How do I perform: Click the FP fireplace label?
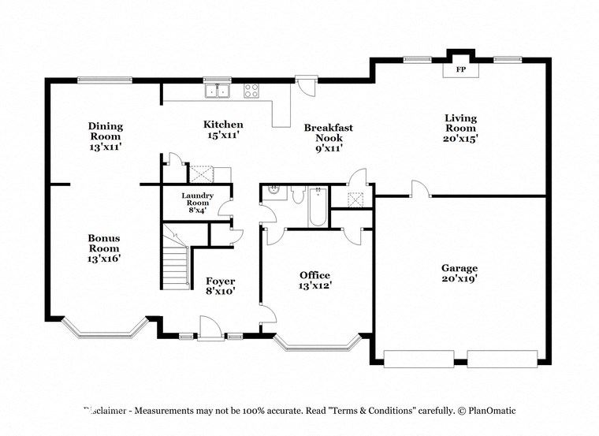[459, 69]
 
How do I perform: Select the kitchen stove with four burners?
[252, 91]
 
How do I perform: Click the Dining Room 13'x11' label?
[105, 136]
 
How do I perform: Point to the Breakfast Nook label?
[328, 137]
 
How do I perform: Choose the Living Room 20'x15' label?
[461, 128]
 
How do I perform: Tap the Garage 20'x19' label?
[459, 273]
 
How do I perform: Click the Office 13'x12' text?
[314, 280]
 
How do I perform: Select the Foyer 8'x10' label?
[221, 285]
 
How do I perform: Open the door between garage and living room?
[420, 190]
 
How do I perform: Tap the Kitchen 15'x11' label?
[223, 129]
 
